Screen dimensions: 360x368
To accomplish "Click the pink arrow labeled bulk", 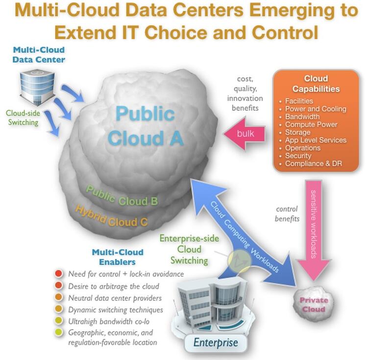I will coord(245,134).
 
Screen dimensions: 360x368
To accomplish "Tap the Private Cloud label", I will coord(314,305).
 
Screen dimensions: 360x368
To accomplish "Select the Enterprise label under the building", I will coord(216,342).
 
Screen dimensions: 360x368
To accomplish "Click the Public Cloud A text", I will coord(145,126).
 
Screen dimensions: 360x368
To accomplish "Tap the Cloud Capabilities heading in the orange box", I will coord(316,84).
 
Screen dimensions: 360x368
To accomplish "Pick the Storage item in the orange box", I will coord(297,132).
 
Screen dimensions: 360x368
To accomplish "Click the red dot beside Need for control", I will coord(59,273).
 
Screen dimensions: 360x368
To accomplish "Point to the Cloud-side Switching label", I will coord(23,118).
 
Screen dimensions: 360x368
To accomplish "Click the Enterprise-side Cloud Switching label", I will coord(186,249).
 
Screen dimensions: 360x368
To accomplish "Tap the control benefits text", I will coord(287,214).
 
